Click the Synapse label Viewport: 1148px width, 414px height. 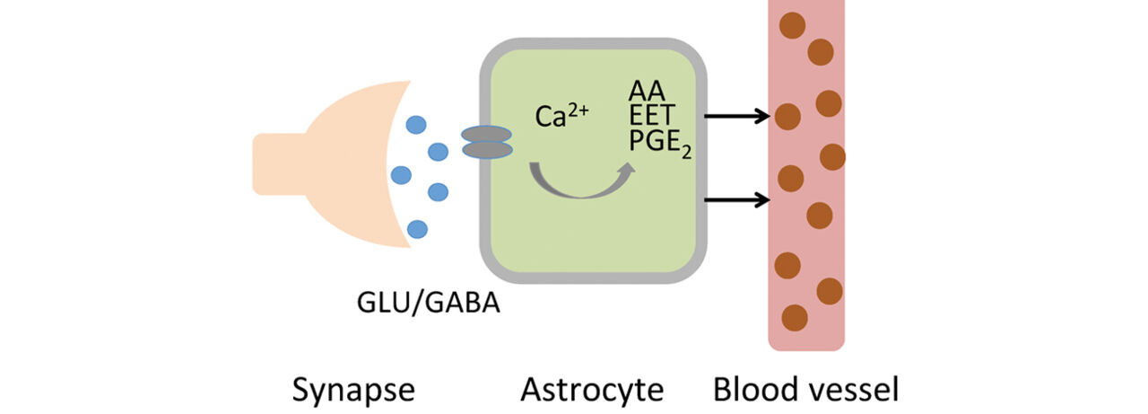354,390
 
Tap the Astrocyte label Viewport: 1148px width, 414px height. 592,390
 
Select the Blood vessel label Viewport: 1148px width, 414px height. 805,390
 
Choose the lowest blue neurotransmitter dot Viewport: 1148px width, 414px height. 417,229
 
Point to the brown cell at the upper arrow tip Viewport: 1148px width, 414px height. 787,117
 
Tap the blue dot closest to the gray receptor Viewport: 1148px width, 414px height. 439,152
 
